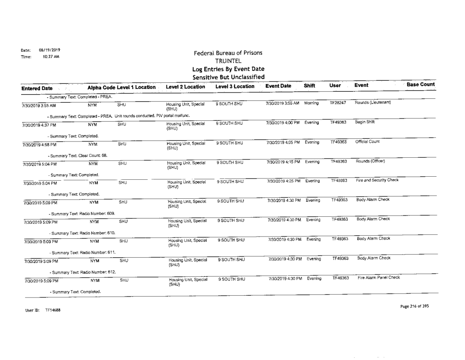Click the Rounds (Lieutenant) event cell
[371, 102]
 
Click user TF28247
[338, 102]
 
